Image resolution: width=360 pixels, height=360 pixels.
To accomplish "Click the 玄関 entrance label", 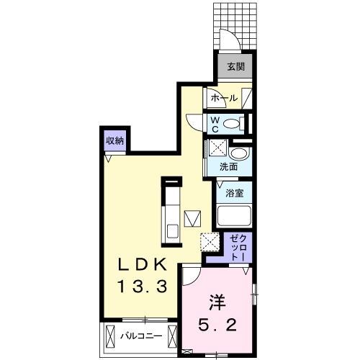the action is pyautogui.click(x=236, y=67).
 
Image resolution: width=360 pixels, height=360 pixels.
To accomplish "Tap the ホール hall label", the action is pyautogui.click(x=224, y=98).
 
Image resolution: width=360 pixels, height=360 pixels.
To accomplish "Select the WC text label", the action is pyautogui.click(x=215, y=125).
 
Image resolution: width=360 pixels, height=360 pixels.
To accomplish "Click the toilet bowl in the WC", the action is pyautogui.click(x=231, y=124).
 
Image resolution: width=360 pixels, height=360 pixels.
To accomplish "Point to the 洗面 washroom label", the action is pyautogui.click(x=229, y=166).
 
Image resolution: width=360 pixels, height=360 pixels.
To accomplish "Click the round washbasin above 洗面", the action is pyautogui.click(x=240, y=153).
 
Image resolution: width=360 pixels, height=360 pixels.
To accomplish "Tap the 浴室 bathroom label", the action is pyautogui.click(x=235, y=193).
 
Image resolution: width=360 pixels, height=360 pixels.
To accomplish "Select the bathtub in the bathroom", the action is pyautogui.click(x=234, y=216).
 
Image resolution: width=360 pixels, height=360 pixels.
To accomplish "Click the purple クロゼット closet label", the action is pyautogui.click(x=238, y=248).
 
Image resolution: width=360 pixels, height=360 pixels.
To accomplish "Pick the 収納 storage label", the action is pyautogui.click(x=115, y=140).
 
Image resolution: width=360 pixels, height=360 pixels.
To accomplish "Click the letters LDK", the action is pyautogui.click(x=142, y=265).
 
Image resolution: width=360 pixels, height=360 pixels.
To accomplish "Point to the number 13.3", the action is pyautogui.click(x=142, y=287).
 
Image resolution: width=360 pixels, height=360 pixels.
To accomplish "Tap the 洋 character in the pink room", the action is pyautogui.click(x=217, y=302).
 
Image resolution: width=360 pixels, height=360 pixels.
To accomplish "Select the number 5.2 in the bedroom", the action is pyautogui.click(x=217, y=325).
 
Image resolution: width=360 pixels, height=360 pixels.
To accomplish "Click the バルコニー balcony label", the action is pyautogui.click(x=141, y=336).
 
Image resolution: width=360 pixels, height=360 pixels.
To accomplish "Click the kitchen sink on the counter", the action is pyautogui.click(x=173, y=232).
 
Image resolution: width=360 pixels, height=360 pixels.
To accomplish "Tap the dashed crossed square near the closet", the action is pyautogui.click(x=210, y=242).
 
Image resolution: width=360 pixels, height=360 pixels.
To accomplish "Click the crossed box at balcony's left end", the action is pyautogui.click(x=110, y=336).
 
